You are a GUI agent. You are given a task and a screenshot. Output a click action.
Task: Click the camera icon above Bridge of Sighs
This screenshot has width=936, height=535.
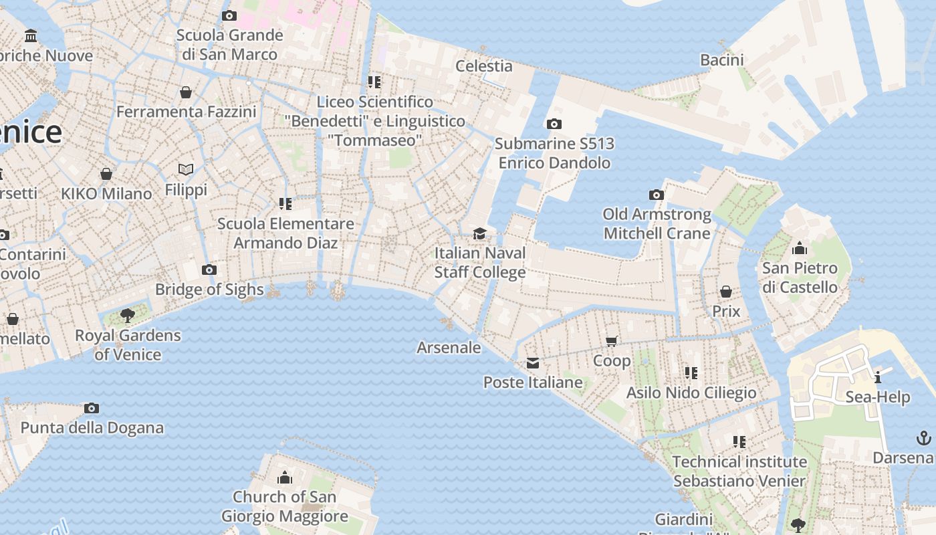click(x=209, y=270)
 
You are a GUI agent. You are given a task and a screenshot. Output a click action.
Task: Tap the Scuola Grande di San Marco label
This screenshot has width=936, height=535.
click(x=229, y=45)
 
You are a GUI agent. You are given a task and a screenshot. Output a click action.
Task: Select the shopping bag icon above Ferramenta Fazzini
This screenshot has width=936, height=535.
click(x=186, y=92)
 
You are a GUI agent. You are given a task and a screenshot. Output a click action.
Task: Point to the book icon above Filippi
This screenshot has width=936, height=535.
click(x=186, y=170)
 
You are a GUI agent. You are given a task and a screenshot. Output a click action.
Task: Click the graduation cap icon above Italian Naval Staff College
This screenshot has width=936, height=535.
click(x=479, y=233)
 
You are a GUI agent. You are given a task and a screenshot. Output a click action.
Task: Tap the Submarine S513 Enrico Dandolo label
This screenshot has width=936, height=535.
click(x=554, y=153)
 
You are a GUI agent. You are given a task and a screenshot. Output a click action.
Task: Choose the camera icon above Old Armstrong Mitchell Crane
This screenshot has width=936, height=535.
click(x=657, y=195)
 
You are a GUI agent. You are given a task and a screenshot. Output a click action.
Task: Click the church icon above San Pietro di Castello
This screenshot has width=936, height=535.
click(x=799, y=249)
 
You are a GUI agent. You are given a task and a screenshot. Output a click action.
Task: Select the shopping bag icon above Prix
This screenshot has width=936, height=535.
click(x=725, y=292)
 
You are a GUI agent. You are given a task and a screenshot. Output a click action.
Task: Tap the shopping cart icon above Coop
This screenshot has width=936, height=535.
click(x=611, y=342)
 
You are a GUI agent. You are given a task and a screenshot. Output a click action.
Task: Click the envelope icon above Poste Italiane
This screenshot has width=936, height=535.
click(x=533, y=363)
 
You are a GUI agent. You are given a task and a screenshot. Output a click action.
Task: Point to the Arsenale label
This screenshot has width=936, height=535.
click(x=449, y=348)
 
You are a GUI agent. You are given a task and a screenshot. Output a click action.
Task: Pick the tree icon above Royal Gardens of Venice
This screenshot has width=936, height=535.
click(x=127, y=316)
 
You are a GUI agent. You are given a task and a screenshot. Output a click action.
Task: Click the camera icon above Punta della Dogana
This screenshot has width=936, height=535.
click(x=92, y=408)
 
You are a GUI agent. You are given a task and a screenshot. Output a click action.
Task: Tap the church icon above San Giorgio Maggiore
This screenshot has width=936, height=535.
click(x=285, y=477)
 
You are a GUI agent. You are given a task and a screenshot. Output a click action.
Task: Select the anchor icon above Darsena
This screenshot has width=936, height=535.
click(x=923, y=439)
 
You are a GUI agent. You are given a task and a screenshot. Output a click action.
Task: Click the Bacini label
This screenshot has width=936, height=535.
click(x=722, y=60)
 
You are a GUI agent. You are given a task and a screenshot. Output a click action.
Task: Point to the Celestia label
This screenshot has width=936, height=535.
click(x=484, y=66)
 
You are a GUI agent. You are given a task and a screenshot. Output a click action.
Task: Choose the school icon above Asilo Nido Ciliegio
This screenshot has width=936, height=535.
click(x=691, y=372)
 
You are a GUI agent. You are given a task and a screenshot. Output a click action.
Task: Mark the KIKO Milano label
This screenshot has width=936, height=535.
click(x=106, y=194)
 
